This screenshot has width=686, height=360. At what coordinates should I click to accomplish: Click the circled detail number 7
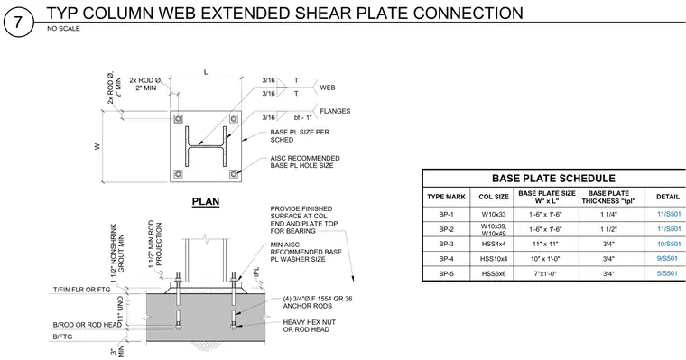pyautogui.click(x=18, y=22)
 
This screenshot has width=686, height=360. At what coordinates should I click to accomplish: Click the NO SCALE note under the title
pyautogui.click(x=63, y=29)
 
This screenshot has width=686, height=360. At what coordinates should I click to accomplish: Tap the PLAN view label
pyautogui.click(x=206, y=201)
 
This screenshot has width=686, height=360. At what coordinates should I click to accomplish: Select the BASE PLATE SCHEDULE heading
pyautogui.click(x=553, y=179)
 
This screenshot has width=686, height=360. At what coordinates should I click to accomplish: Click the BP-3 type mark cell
pyautogui.click(x=446, y=245)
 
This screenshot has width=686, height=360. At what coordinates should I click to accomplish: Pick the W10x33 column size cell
pyautogui.click(x=494, y=215)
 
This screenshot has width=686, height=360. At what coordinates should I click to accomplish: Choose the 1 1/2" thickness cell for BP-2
pyautogui.click(x=608, y=229)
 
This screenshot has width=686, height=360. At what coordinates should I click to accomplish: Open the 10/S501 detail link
pyautogui.click(x=669, y=245)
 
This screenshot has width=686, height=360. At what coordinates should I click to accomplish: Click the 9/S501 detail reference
pyautogui.click(x=667, y=259)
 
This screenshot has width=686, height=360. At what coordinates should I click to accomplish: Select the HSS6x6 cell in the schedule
pyautogui.click(x=494, y=273)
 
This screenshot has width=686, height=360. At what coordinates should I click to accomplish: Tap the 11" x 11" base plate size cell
pyautogui.click(x=546, y=245)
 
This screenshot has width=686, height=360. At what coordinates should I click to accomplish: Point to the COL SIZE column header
pyautogui.click(x=494, y=198)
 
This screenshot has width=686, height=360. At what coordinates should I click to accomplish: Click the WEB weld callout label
pyautogui.click(x=328, y=88)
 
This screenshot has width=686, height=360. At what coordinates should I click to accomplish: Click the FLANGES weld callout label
pyautogui.click(x=335, y=111)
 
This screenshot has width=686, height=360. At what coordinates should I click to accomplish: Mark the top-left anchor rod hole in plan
pyautogui.click(x=178, y=118)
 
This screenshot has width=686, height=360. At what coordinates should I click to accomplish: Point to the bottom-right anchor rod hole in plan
pyautogui.click(x=234, y=174)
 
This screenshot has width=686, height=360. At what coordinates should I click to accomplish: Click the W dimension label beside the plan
pyautogui.click(x=97, y=146)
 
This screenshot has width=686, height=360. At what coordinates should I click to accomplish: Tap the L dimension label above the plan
pyautogui.click(x=206, y=72)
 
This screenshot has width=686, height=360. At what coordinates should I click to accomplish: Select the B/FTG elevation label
pyautogui.click(x=62, y=337)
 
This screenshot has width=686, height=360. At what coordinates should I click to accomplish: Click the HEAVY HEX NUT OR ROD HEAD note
pyautogui.click(x=309, y=326)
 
